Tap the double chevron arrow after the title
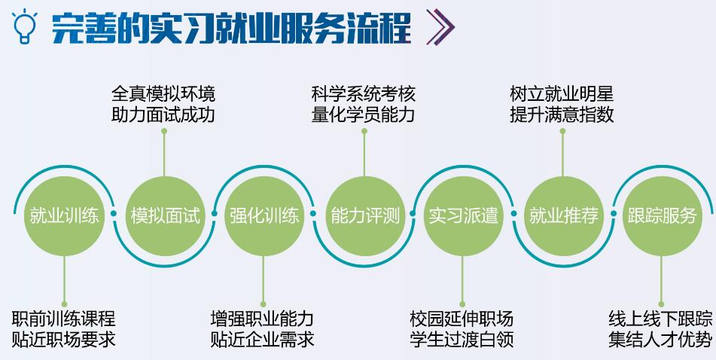point(440,27)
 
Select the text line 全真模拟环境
point(163,94)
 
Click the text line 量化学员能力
point(364,114)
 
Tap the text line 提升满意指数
point(562,114)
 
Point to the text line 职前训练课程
point(64,319)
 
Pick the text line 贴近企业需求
point(263,340)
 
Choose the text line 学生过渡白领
point(462,340)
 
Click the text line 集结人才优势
point(660,340)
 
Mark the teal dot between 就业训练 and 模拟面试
point(114,213)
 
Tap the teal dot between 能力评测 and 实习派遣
point(413,213)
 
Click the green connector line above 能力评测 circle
point(364,154)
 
